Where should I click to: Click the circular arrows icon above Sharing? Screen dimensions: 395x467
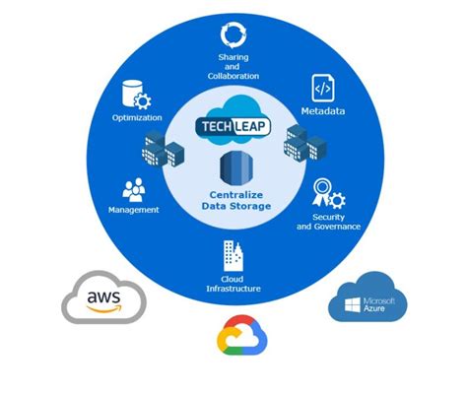[233, 36]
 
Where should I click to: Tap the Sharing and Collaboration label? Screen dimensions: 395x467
[233, 67]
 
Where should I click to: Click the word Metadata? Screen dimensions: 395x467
[322, 112]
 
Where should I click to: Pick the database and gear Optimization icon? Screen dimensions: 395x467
[134, 96]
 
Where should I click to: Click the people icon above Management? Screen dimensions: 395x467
[135, 188]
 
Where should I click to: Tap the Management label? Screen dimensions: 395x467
[134, 210]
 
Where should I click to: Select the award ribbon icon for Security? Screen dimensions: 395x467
[326, 192]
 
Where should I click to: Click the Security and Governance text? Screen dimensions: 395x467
[328, 222]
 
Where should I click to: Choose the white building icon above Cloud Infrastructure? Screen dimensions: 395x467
[233, 257]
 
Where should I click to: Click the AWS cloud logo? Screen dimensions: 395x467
[102, 298]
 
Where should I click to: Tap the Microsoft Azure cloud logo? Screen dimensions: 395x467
[367, 298]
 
